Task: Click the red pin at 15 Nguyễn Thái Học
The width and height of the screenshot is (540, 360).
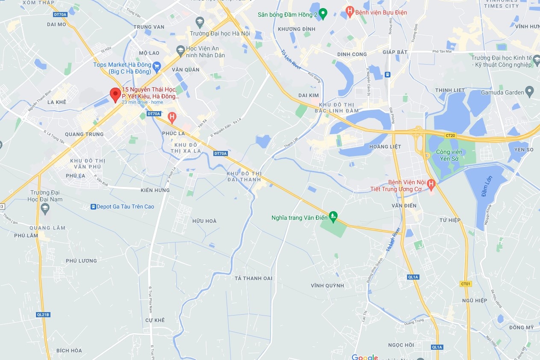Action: [x=115, y=94]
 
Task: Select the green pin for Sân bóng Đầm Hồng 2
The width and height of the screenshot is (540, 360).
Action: [x=323, y=14]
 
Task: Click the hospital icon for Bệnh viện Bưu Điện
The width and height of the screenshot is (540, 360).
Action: [x=350, y=12]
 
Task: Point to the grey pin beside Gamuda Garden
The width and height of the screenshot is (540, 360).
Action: [x=530, y=91]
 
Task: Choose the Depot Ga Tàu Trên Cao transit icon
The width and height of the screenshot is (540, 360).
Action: [x=93, y=207]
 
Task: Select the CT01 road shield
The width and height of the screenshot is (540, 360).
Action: [x=466, y=283]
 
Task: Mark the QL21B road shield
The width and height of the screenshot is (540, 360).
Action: [x=43, y=314]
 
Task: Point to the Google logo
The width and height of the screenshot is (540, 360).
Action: [x=365, y=357]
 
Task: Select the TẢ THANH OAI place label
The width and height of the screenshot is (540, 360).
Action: [x=254, y=278]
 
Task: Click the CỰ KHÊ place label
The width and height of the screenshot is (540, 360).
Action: [x=155, y=320]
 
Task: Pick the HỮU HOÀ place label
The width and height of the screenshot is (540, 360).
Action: [x=204, y=221]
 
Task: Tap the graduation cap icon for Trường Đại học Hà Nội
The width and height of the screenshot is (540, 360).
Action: [x=200, y=21]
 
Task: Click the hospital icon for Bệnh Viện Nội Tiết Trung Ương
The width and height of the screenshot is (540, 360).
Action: [x=431, y=185]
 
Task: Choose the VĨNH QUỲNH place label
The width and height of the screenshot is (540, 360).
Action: [x=327, y=286]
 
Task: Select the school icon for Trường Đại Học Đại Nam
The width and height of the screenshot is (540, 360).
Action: [x=45, y=208]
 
